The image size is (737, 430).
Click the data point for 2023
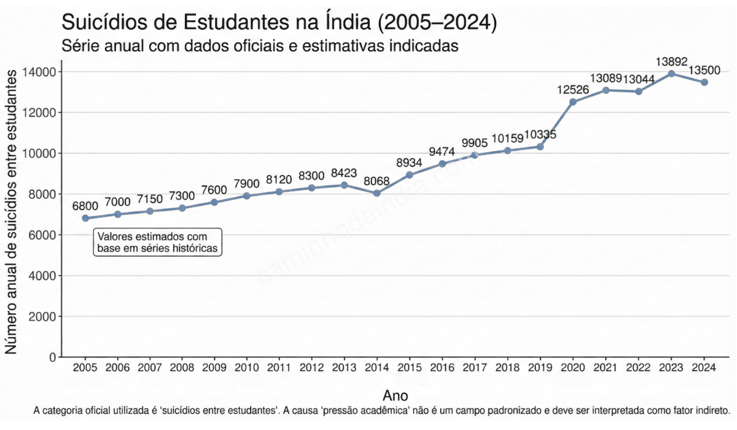(x=671, y=74)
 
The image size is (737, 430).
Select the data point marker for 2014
(x=377, y=193)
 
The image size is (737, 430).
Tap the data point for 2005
(x=85, y=218)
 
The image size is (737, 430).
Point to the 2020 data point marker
(x=573, y=102)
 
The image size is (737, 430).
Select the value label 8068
(x=377, y=181)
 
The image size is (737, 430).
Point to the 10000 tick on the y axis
(x=41, y=154)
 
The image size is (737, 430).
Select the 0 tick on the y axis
(x=53, y=358)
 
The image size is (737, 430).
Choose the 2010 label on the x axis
(x=247, y=368)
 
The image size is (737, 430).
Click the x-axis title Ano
(x=395, y=395)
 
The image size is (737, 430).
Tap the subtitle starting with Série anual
(x=260, y=46)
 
